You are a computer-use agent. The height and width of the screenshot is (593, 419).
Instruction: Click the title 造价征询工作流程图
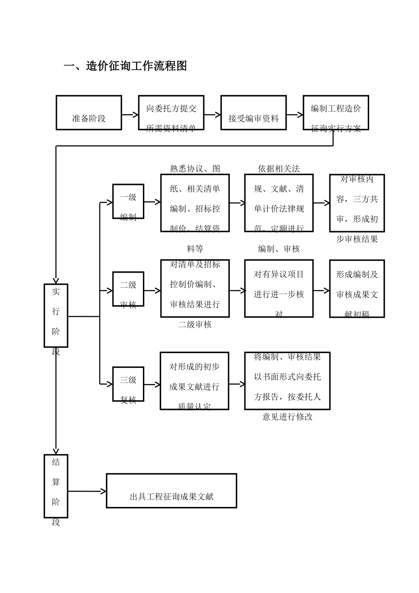pyautogui.click(x=126, y=66)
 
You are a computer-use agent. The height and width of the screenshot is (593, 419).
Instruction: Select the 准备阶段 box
pyautogui.click(x=89, y=113)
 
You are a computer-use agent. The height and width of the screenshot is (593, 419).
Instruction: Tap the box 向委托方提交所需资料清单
pyautogui.click(x=171, y=113)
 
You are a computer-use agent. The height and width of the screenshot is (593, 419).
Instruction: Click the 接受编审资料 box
pyautogui.click(x=254, y=113)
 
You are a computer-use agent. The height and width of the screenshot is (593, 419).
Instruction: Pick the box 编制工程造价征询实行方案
pyautogui.click(x=336, y=113)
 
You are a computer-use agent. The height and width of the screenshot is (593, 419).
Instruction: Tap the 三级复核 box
pyautogui.click(x=128, y=384)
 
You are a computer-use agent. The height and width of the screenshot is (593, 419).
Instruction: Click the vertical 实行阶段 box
pyautogui.click(x=56, y=315)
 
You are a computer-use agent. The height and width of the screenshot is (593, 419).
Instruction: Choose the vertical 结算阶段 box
pyautogui.click(x=56, y=486)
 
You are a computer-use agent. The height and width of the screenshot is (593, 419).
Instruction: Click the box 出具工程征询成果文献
pyautogui.click(x=172, y=491)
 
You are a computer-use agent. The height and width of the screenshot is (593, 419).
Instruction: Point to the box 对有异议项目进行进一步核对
pyautogui.click(x=279, y=289)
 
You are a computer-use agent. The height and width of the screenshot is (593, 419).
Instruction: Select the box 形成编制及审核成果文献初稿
pyautogui.click(x=357, y=289)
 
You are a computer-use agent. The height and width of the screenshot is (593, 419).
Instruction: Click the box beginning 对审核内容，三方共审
pyautogui.click(x=357, y=203)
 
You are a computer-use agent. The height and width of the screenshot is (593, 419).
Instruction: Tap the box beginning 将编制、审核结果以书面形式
pyautogui.click(x=287, y=381)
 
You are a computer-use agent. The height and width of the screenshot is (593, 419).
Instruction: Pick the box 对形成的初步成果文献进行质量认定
pyautogui.click(x=195, y=381)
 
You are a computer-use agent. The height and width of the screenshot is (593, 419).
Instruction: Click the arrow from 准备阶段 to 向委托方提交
pyautogui.click(x=130, y=115)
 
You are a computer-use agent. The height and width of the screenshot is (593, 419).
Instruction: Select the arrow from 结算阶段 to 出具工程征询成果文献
pyautogui.click(x=87, y=491)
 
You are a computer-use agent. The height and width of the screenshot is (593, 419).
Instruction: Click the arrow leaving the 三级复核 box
pyautogui.click(x=152, y=385)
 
